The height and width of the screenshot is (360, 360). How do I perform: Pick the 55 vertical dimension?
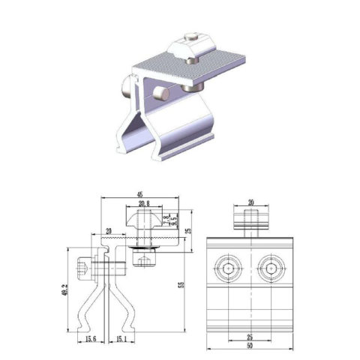181,286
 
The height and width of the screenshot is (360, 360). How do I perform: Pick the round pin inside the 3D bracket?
160,93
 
